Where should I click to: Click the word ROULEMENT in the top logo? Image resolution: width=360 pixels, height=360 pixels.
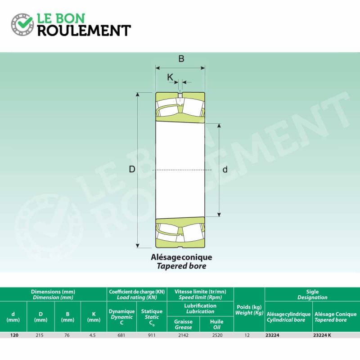click(x=84, y=31)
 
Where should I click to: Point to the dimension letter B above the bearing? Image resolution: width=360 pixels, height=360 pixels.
click(x=181, y=59)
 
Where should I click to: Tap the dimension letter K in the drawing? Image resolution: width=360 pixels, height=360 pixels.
click(x=170, y=77)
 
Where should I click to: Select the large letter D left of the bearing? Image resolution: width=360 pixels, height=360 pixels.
click(x=132, y=170)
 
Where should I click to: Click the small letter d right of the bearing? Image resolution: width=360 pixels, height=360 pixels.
click(x=225, y=170)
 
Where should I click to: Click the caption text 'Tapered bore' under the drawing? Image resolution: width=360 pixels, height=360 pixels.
click(x=181, y=266)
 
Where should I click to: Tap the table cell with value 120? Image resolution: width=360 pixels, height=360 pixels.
click(x=14, y=335)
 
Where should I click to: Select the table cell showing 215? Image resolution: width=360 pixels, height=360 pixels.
click(x=40, y=335)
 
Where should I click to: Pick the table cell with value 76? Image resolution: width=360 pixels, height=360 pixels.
click(x=67, y=335)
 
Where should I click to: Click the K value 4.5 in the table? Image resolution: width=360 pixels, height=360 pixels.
click(x=93, y=335)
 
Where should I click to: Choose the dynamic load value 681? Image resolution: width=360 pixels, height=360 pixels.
click(x=121, y=335)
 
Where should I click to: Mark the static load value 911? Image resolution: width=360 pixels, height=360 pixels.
click(x=152, y=335)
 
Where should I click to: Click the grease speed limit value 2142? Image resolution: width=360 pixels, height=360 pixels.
click(x=183, y=335)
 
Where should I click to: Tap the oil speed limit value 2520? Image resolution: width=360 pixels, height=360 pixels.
click(x=217, y=335)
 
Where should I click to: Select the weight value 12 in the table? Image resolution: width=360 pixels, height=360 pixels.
click(x=247, y=335)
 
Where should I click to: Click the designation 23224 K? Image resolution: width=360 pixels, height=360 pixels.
click(x=322, y=335)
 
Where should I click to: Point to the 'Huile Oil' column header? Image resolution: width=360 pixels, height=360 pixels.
click(x=217, y=324)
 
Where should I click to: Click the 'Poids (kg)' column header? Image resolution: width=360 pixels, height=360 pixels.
click(x=249, y=307)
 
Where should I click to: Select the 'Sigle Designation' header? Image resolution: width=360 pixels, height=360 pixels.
click(x=312, y=295)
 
